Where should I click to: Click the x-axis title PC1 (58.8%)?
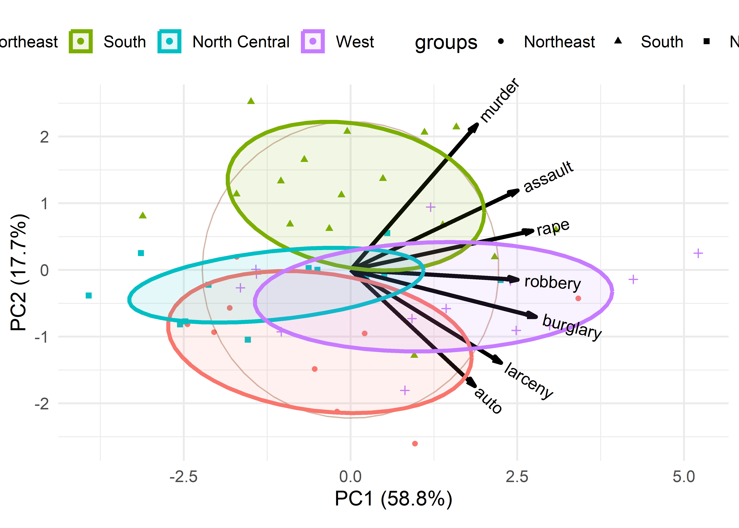click(393, 499)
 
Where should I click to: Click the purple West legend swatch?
click(313, 41)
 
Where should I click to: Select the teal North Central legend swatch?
click(169, 41)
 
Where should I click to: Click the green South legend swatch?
click(81, 41)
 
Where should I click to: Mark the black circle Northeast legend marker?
click(501, 41)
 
